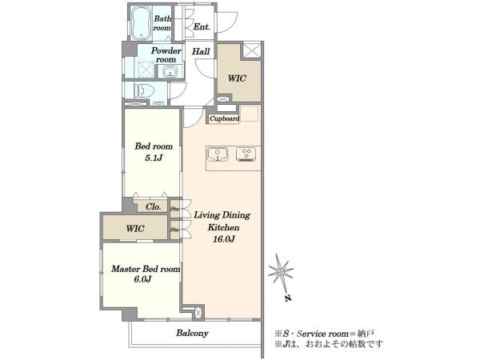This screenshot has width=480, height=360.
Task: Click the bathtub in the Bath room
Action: [x=141, y=23]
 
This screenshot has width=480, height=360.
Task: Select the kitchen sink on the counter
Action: [x=218, y=154]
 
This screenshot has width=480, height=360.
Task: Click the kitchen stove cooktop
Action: [x=246, y=154]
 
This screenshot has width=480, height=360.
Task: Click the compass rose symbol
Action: [x=281, y=271]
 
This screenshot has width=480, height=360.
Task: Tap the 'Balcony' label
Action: [x=192, y=333]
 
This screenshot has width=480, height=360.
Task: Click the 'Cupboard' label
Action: [x=224, y=118]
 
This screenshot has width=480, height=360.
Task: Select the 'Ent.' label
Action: [x=202, y=26]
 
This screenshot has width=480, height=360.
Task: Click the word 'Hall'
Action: [x=201, y=51]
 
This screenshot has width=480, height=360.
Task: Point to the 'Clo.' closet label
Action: [x=154, y=207]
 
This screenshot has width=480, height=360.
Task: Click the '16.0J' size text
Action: [x=224, y=239]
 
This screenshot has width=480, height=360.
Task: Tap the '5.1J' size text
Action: [x=154, y=158]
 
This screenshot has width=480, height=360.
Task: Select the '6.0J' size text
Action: [x=142, y=279]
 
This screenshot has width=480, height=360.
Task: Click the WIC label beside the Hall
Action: [x=237, y=78]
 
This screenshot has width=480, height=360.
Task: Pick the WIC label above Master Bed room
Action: [x=135, y=228]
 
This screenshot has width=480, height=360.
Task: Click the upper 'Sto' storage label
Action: [x=174, y=210]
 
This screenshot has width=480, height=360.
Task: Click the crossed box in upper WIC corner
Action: [x=252, y=50]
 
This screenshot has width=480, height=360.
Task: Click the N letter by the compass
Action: [x=287, y=298]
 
